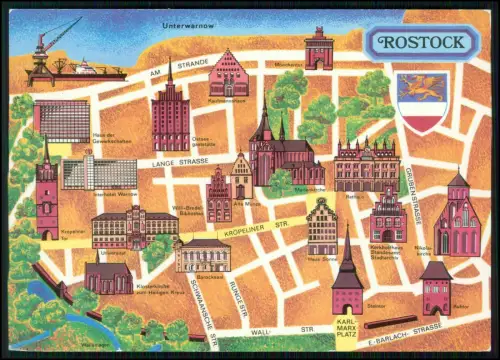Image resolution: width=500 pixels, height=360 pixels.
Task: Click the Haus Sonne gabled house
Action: pos(321,225)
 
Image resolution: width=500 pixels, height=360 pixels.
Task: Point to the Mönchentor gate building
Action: pos(319,48)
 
